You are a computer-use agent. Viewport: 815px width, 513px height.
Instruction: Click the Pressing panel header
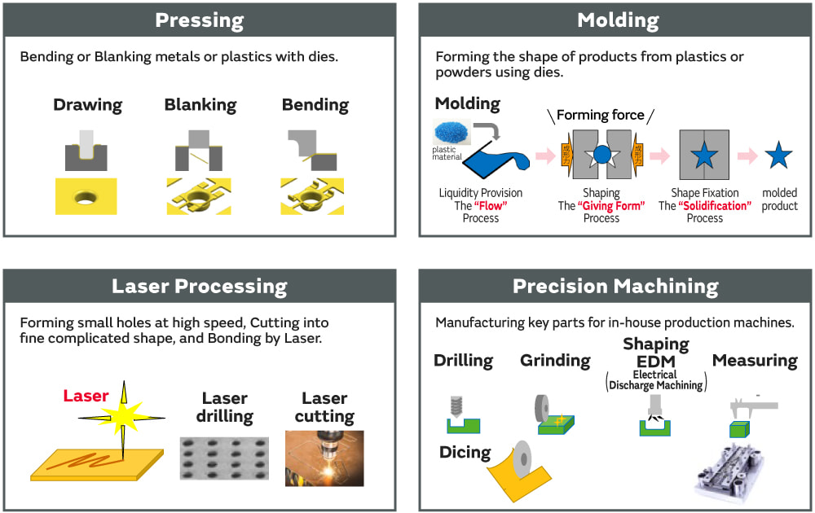(x=200, y=20)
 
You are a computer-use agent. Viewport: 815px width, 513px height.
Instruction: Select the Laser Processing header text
(x=200, y=287)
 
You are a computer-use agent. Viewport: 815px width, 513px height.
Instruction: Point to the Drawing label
(x=87, y=105)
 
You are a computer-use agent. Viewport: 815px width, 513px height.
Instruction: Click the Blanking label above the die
(x=200, y=105)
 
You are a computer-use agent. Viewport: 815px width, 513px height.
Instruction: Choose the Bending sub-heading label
(x=315, y=105)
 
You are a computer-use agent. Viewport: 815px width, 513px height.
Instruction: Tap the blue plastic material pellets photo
(x=454, y=132)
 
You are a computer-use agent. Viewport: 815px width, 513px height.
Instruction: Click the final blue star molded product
(x=778, y=155)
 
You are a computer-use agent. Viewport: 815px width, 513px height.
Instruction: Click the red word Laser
(x=86, y=397)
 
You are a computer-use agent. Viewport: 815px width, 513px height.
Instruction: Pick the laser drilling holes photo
(x=223, y=458)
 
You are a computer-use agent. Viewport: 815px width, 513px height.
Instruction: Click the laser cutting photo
(x=324, y=458)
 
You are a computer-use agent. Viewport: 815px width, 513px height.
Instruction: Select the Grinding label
(x=555, y=360)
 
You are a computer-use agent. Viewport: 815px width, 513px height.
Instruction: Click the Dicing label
(x=465, y=452)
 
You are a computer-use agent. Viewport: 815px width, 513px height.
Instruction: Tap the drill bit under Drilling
(x=456, y=406)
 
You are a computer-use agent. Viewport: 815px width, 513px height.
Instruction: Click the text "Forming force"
(x=601, y=115)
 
